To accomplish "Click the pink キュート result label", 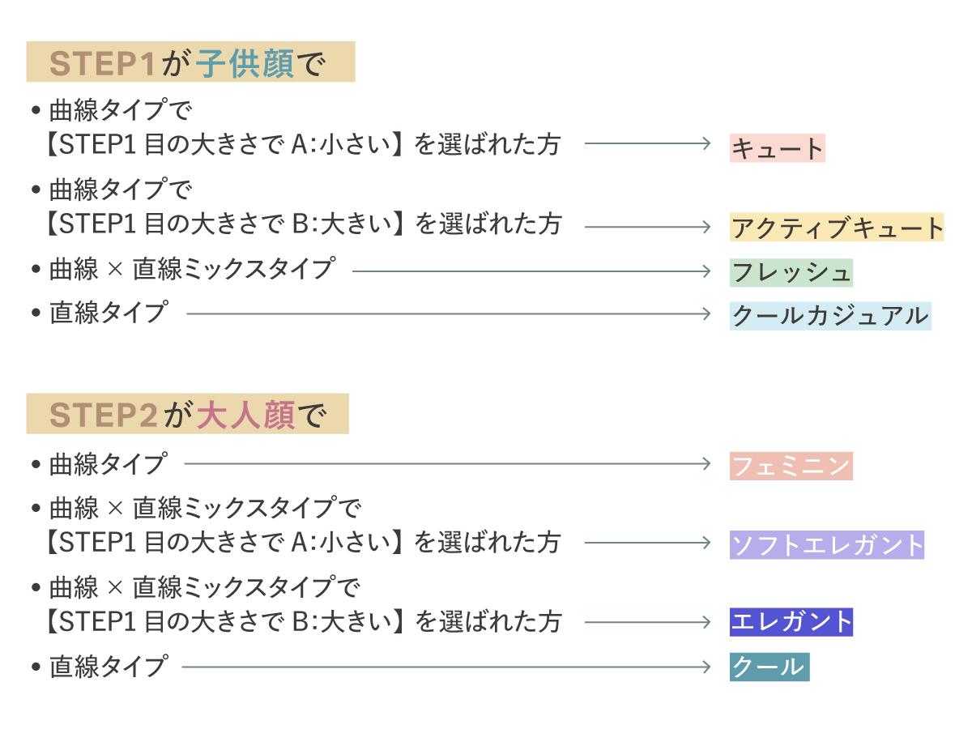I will pyautogui.click(x=777, y=148).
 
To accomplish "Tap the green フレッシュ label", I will pyautogui.click(x=791, y=271).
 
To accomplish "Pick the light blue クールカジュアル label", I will pyautogui.click(x=830, y=314).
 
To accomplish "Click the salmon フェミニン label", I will pyautogui.click(x=791, y=466).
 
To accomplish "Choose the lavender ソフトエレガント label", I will pyautogui.click(x=827, y=544).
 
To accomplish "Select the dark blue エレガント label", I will pyautogui.click(x=791, y=622).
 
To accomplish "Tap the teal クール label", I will pyautogui.click(x=769, y=667).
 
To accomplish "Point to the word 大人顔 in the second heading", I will pyautogui.click(x=245, y=416).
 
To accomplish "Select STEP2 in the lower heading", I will pyautogui.click(x=104, y=416).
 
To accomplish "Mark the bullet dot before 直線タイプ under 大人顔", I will pyautogui.click(x=35, y=667).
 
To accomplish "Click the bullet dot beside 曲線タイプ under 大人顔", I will pyautogui.click(x=35, y=465).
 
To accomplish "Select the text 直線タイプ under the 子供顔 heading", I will pyautogui.click(x=108, y=313).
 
